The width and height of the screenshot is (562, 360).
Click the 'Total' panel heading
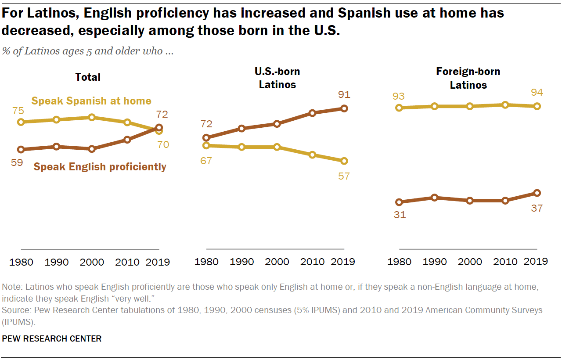pos(88,77)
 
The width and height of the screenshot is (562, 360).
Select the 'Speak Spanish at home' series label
pos(91,101)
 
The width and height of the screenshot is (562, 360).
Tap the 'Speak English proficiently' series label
pos(100,167)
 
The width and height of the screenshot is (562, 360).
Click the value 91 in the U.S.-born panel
pos(344,94)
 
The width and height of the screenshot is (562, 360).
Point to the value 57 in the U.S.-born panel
pos(344,176)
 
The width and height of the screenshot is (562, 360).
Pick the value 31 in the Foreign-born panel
pos(399,215)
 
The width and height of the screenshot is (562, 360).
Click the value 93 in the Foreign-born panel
pos(399,96)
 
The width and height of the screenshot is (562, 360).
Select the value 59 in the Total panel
pos(17,162)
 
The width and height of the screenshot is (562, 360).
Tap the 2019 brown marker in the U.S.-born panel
pos(344,108)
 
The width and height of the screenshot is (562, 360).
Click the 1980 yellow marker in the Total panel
pos(21,122)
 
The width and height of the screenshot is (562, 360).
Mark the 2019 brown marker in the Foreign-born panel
pos(537,193)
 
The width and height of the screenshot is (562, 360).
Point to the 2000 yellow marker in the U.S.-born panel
pos(277,147)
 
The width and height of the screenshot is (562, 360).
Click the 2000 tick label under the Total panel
pos(93,262)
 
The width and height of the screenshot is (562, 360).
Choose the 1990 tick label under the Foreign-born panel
pos(435,262)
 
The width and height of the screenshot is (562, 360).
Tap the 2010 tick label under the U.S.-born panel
pos(313,262)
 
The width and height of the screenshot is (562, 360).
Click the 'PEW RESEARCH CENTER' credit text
pos(52,338)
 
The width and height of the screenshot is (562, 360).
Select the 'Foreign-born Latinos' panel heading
pos(468,78)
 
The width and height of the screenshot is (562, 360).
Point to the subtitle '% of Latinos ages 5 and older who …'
pos(88,51)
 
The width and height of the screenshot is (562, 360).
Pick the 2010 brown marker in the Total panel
pos(127,140)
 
